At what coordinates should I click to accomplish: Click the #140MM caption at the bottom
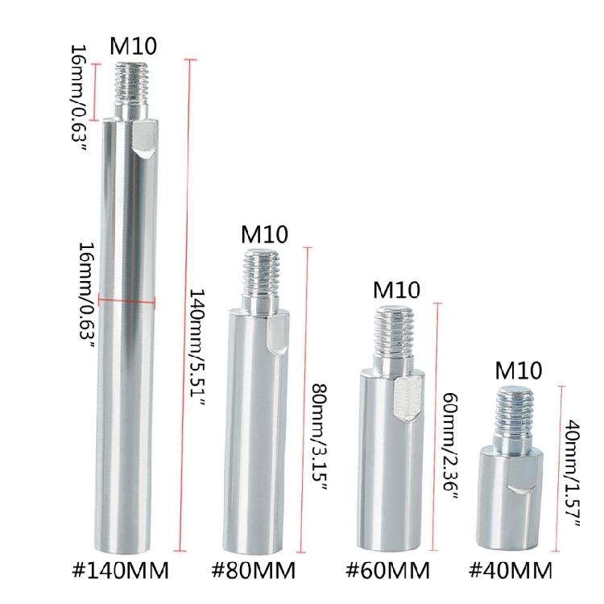click(x=121, y=570)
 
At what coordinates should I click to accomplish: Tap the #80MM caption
click(x=254, y=570)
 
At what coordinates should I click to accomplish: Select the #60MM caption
click(x=387, y=570)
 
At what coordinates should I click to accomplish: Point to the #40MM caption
click(x=511, y=570)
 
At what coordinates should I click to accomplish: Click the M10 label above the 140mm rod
click(x=133, y=46)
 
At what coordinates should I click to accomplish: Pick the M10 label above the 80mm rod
click(x=264, y=234)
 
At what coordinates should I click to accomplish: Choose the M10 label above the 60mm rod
click(x=396, y=290)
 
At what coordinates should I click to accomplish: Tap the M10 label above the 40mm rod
click(x=519, y=370)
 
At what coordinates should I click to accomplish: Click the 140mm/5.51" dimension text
click(x=198, y=347)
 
